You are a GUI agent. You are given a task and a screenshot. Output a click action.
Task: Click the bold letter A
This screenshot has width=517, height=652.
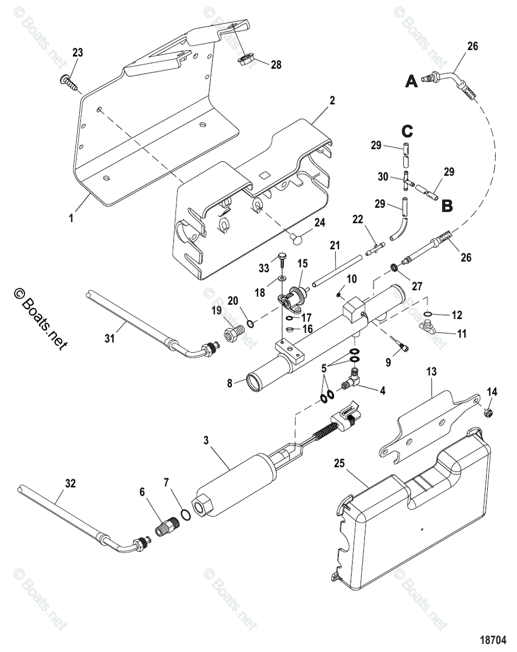coord(412,81)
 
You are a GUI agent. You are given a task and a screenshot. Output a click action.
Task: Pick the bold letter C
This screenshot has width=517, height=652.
coord(407,131)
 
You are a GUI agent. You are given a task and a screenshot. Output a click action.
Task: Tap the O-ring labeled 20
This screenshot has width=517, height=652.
coord(249,324)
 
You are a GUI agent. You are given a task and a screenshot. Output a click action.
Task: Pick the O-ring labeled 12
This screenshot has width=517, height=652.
coord(427,314)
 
